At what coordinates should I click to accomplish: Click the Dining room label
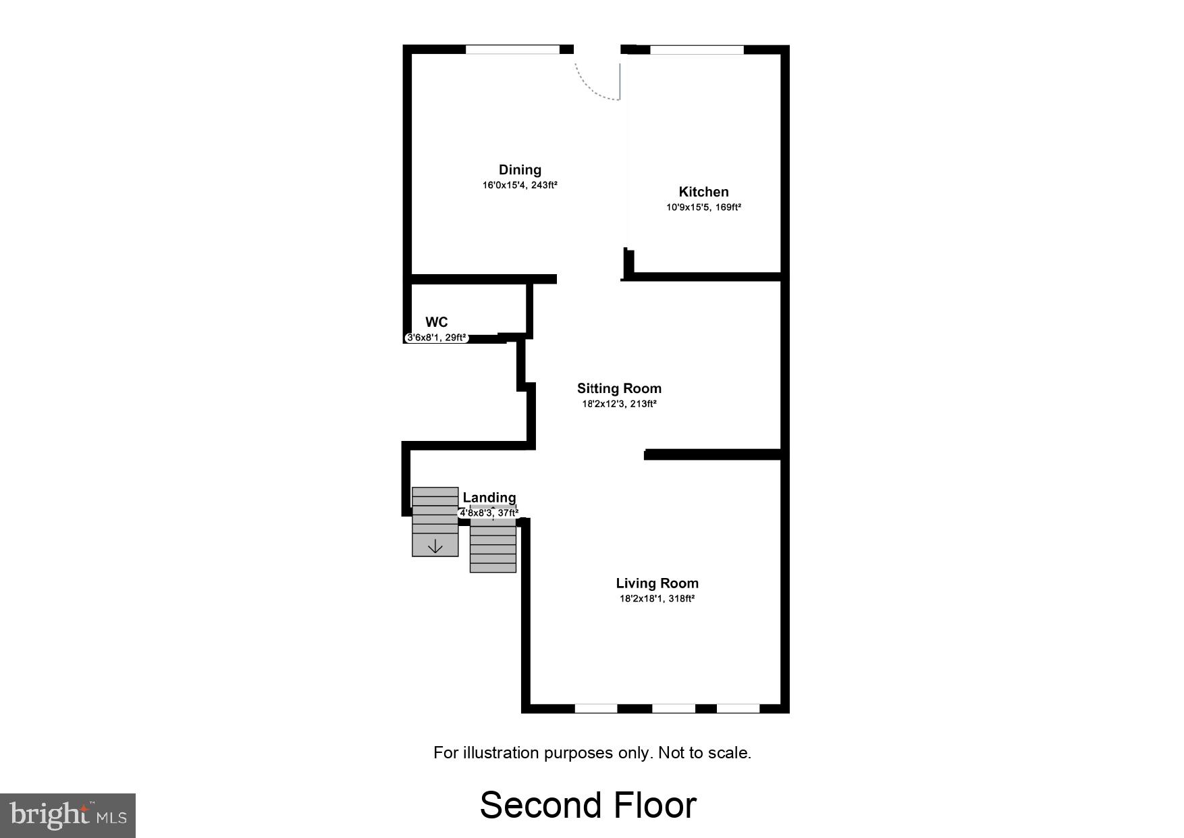click(520, 170)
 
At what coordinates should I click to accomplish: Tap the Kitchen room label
click(703, 192)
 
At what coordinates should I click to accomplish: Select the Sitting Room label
click(619, 388)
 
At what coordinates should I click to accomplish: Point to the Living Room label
click(657, 583)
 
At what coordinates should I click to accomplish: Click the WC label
click(437, 322)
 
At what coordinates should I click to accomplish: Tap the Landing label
click(489, 498)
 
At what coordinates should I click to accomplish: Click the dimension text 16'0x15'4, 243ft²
click(520, 185)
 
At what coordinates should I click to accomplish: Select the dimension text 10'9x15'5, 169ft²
click(703, 207)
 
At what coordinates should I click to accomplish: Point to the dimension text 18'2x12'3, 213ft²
click(619, 404)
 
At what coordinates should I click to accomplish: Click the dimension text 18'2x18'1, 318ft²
click(657, 598)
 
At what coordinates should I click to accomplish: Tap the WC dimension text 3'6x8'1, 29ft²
click(436, 338)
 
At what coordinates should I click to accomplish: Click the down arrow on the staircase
click(435, 546)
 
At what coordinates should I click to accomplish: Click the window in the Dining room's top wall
click(513, 49)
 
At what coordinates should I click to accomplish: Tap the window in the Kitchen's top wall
click(697, 49)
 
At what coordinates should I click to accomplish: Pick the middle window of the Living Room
click(673, 708)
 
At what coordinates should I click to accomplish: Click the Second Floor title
click(588, 805)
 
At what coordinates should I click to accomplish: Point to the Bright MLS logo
click(68, 815)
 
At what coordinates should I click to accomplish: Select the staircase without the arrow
click(493, 547)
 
